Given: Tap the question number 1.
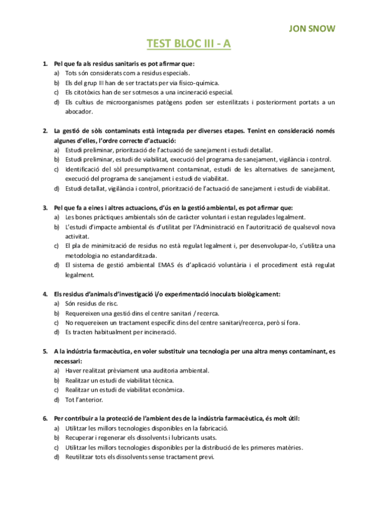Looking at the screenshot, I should click(44, 64).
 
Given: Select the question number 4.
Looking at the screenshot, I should click(44, 293).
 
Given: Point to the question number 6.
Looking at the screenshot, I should click(44, 418).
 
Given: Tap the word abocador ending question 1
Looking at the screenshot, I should click(78, 112).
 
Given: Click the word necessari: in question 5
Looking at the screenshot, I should click(67, 360).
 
